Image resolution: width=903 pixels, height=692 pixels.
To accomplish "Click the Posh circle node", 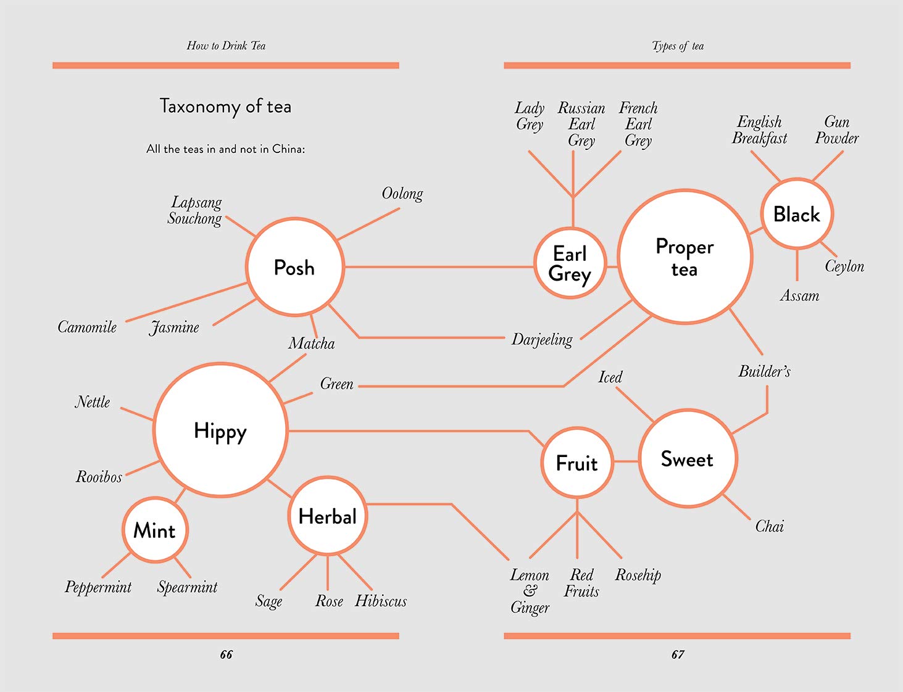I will click(x=294, y=267).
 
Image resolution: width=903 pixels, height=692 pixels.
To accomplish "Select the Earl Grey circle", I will click(x=570, y=263).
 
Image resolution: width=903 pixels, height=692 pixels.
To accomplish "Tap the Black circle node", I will click(x=796, y=214).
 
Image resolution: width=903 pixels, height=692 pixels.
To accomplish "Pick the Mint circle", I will click(x=155, y=530).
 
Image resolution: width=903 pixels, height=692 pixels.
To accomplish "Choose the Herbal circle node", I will click(x=328, y=516).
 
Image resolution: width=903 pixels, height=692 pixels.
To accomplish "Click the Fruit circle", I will click(x=577, y=463).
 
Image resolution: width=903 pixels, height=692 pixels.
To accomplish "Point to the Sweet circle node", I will click(x=687, y=459).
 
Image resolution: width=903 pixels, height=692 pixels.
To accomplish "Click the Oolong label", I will click(x=402, y=194).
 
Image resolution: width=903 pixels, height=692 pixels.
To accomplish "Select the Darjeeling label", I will click(x=542, y=339).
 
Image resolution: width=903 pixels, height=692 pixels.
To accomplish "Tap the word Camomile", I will click(x=87, y=327).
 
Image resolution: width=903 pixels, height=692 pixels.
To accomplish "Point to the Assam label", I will click(x=799, y=296).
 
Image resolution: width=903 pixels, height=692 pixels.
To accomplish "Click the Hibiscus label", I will click(x=381, y=601).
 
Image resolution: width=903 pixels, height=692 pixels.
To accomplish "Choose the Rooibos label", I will click(x=99, y=477).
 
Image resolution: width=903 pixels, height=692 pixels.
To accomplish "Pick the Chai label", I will click(x=770, y=526).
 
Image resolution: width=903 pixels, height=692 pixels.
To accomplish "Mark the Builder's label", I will click(x=764, y=371).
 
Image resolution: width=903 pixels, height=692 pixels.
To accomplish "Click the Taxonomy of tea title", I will click(x=225, y=107).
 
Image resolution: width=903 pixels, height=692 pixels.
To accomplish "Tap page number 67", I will click(x=678, y=654).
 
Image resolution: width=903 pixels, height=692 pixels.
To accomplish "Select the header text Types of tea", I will click(x=678, y=46).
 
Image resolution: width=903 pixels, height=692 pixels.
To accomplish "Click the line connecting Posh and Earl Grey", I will click(x=438, y=267).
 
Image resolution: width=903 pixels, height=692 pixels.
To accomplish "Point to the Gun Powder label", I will click(x=837, y=130).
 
